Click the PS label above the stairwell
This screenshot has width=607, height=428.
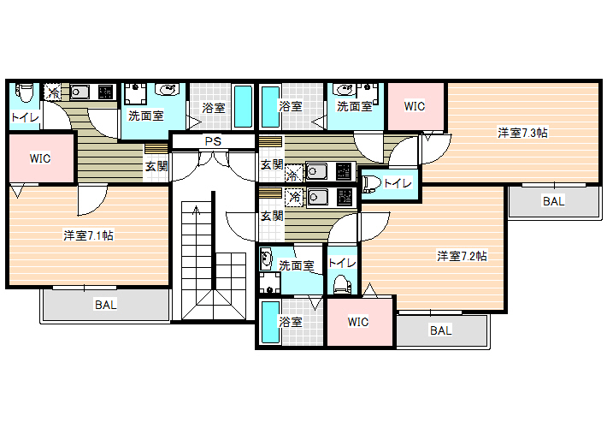(213, 141)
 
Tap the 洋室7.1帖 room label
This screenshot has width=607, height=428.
(89, 235)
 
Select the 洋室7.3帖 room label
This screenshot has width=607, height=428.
(522, 133)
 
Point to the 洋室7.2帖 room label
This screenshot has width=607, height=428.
(462, 256)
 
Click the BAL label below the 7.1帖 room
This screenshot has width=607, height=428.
(106, 305)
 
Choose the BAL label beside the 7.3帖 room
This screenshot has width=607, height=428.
(554, 201)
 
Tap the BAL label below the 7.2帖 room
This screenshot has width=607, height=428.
(441, 330)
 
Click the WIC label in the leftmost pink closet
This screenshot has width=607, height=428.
(40, 158)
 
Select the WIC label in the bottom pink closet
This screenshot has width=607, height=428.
(358, 322)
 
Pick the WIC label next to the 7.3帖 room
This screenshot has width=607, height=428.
(415, 106)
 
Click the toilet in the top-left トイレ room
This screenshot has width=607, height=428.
(25, 92)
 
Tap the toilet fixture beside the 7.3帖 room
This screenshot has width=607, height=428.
(370, 185)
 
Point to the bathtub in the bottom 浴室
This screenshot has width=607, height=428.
(270, 323)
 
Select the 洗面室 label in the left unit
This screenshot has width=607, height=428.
(146, 116)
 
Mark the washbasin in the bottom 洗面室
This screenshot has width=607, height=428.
(267, 259)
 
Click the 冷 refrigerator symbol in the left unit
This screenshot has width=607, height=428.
(53, 92)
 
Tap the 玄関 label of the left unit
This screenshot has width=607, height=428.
(156, 166)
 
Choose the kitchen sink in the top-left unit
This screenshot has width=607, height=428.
(80, 92)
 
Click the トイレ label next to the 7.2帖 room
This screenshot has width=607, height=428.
(342, 263)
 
